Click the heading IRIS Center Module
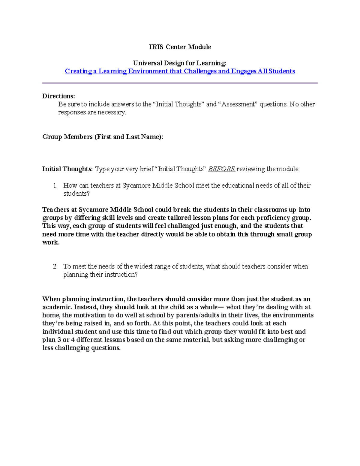coord(180,47)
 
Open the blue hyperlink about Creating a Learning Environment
coord(180,71)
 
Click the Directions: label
coord(58,96)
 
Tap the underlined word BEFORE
coord(221,169)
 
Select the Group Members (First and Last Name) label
coord(103,137)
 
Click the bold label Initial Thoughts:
coord(67,169)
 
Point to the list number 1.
coord(55,186)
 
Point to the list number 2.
coord(55,266)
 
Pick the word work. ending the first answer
coord(51,242)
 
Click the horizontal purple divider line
coord(180,83)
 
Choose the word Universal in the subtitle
coord(147,63)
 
